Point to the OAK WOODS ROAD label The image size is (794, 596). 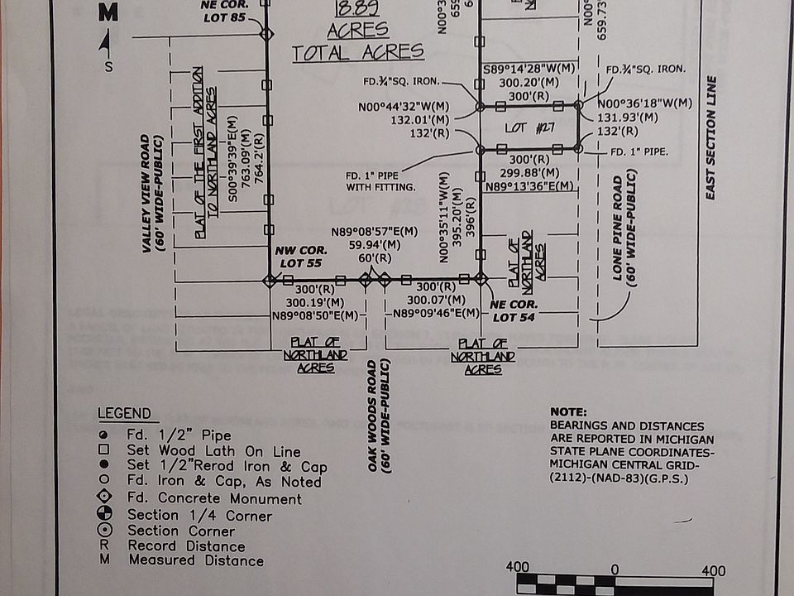tap(379, 416)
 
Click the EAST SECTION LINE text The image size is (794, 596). tap(710, 137)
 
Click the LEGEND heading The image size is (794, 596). tap(124, 414)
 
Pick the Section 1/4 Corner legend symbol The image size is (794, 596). tap(104, 515)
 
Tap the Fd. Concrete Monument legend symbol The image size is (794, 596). tap(104, 498)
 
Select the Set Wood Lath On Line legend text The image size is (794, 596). tap(213, 451)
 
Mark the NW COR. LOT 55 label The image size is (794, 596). tap(302, 257)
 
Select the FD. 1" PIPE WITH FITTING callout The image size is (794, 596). tap(380, 181)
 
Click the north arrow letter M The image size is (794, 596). tap(108, 12)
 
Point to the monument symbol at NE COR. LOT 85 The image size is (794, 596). tap(266, 34)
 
